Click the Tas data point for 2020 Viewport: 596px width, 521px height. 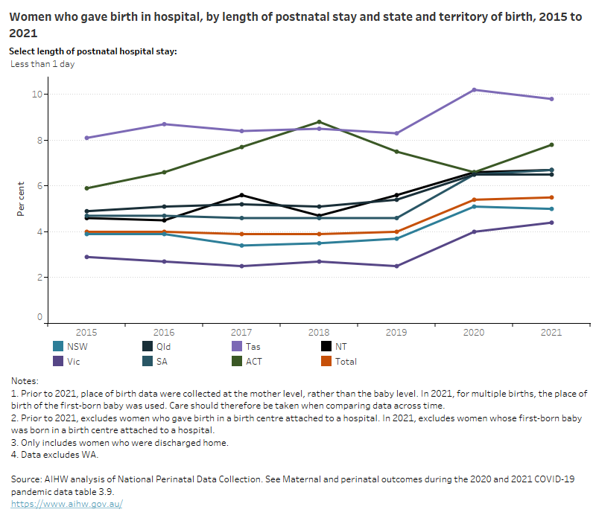point(474,90)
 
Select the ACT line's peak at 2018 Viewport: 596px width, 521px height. point(319,122)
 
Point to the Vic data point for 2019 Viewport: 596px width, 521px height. point(396,266)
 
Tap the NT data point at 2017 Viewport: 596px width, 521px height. point(241,195)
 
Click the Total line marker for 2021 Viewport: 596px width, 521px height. point(551,197)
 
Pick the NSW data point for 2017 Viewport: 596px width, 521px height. point(241,246)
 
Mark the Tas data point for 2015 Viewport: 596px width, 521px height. point(86,138)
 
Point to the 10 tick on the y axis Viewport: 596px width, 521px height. point(35,95)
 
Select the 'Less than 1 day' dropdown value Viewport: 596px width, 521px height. point(42,64)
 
